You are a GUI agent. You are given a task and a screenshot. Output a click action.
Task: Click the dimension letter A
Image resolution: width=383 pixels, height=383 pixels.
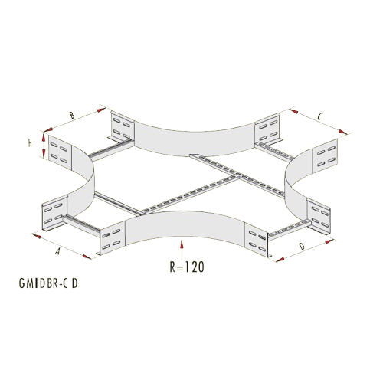58,251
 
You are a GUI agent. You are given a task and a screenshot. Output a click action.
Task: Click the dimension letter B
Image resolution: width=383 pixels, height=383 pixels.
72,115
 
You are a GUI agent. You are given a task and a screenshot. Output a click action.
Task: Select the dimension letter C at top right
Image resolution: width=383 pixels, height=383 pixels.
319,117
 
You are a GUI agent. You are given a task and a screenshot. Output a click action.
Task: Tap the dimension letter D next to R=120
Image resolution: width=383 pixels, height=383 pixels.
302,247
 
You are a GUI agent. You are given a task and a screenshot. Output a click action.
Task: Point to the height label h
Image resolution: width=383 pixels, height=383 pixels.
30,144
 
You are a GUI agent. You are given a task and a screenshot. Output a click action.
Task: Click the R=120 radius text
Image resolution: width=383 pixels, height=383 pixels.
187,267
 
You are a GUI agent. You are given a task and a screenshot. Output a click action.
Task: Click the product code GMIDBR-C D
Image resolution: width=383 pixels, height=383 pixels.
48,283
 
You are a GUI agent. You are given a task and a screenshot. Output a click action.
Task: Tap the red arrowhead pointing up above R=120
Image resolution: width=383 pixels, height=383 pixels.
182,244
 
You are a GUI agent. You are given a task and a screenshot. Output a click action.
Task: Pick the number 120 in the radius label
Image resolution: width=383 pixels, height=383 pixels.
195,267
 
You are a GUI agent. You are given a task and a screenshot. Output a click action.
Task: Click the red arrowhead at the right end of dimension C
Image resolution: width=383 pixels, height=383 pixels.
342,132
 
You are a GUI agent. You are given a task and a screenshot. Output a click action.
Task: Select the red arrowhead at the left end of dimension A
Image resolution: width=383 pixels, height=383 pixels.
37,236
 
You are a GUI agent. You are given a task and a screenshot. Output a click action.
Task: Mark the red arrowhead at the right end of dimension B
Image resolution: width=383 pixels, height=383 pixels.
101,110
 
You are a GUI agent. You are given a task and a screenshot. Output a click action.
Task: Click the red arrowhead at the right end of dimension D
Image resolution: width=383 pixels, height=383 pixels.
329,241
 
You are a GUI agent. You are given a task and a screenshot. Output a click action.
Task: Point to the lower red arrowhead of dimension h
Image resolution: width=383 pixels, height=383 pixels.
44,153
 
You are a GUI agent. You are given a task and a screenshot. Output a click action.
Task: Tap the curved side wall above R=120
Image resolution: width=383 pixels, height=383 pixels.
185,224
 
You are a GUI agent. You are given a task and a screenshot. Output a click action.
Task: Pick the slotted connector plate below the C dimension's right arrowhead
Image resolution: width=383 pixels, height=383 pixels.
325,155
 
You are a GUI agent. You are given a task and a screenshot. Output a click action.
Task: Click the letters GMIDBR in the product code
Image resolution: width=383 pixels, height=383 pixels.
38,283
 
